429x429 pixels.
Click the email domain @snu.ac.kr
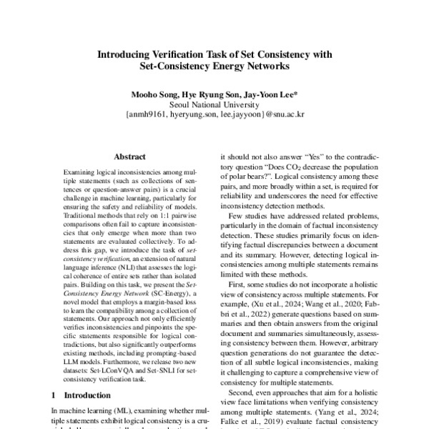[285, 113]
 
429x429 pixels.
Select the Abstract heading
[129, 157]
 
